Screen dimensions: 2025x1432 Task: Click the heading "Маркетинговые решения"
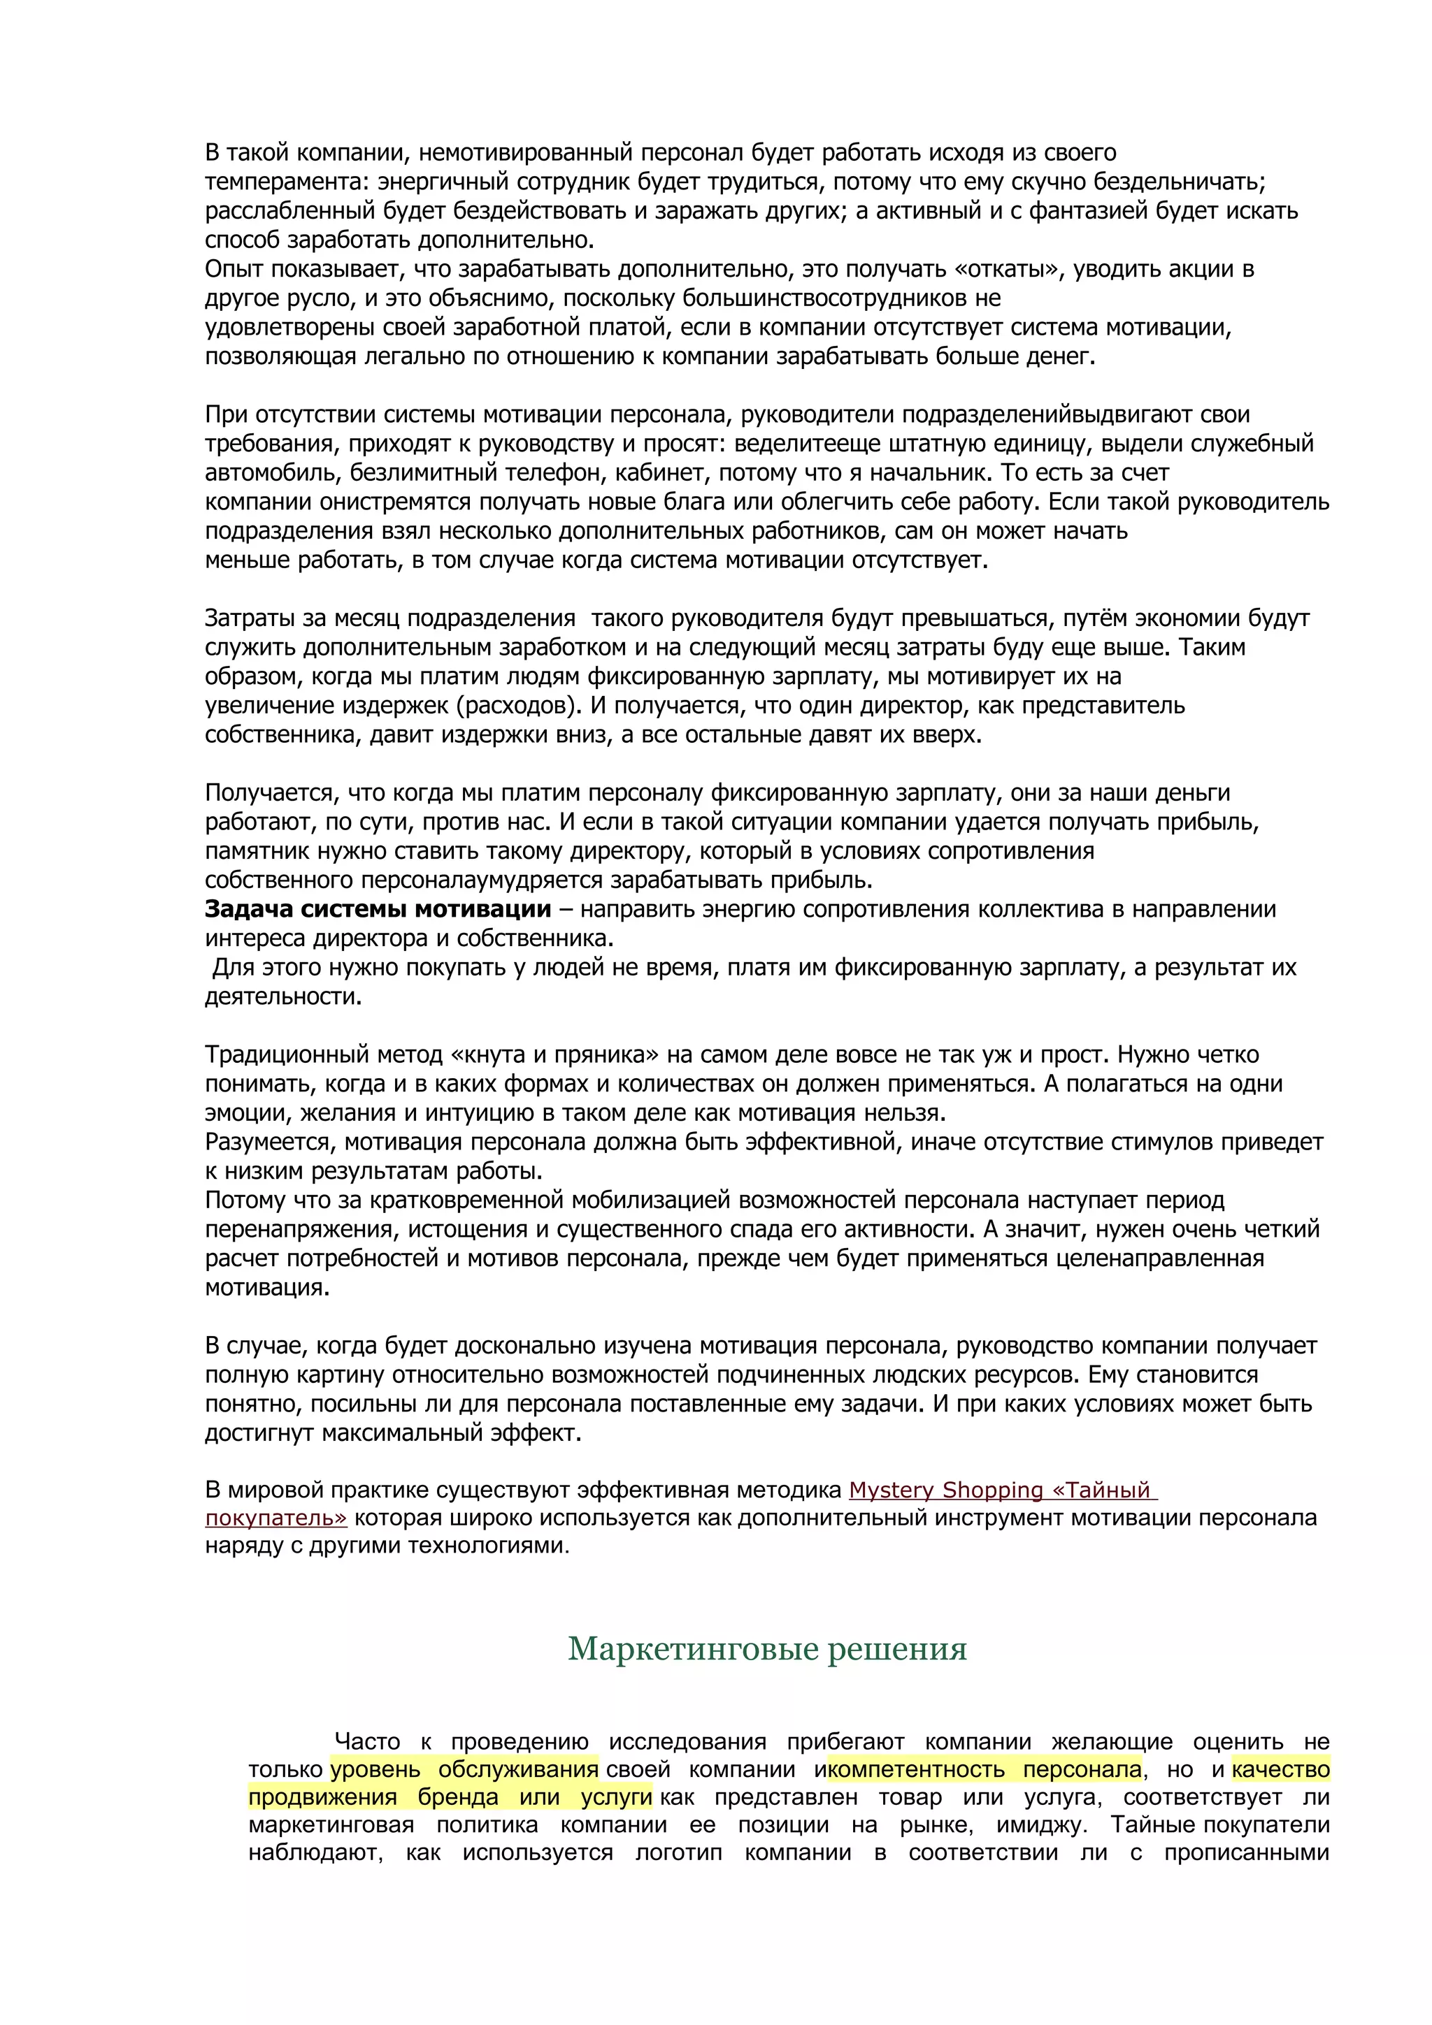[x=767, y=1648]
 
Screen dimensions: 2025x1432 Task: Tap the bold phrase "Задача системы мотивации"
[x=378, y=909]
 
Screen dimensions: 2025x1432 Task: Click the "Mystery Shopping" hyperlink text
[x=946, y=1490]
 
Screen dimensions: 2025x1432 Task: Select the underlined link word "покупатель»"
[x=276, y=1518]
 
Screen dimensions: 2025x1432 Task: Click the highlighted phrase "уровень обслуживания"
[x=464, y=1769]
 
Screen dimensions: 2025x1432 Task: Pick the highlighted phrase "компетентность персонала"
[x=984, y=1769]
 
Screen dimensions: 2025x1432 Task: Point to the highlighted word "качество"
[x=1280, y=1769]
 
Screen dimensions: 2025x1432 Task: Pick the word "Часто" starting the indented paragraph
[x=367, y=1742]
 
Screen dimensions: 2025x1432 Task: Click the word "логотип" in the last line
[x=678, y=1852]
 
